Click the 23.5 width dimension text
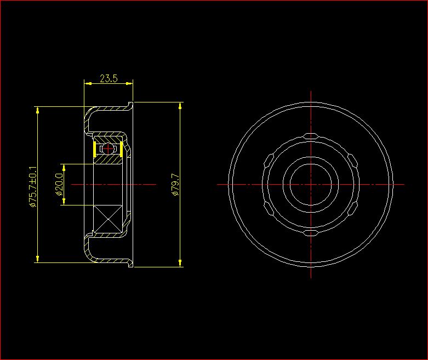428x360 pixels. pos(109,78)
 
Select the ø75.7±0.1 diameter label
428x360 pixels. pos(33,187)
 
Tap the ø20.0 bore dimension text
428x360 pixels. pos(59,185)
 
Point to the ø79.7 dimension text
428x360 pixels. pos(175,185)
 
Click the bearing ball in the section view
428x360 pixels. pos(108,148)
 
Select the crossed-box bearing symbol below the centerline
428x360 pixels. pos(108,219)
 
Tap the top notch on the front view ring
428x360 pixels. pos(311,136)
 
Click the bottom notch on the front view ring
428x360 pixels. pos(311,233)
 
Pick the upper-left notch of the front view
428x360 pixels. pos(269,160)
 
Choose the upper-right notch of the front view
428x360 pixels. pos(352,160)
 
